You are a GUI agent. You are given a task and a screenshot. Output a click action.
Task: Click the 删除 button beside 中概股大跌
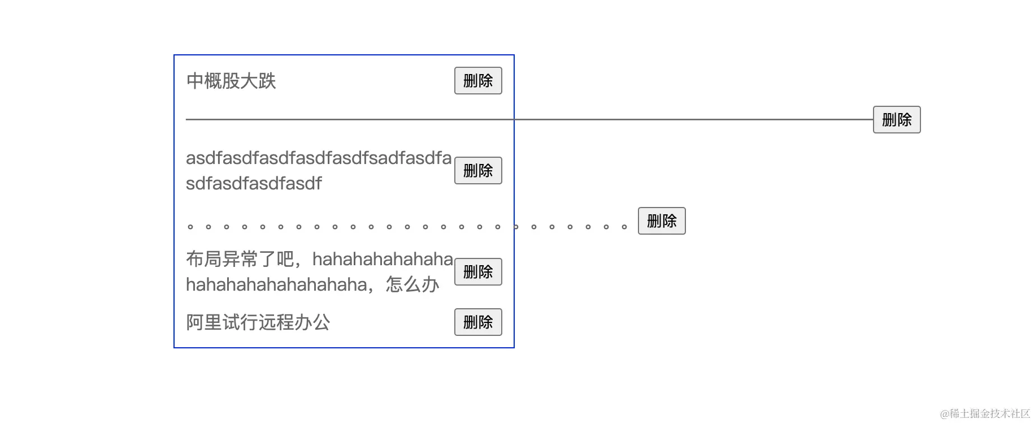(478, 81)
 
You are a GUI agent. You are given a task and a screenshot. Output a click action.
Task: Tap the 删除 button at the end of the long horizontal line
(897, 120)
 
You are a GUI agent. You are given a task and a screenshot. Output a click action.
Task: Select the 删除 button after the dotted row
(662, 221)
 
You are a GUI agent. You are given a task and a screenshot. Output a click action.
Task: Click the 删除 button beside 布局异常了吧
(478, 272)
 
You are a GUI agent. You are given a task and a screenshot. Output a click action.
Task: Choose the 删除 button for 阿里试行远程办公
(478, 322)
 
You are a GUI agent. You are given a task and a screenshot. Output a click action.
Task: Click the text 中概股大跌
(231, 81)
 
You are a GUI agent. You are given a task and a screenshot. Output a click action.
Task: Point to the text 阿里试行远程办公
(258, 322)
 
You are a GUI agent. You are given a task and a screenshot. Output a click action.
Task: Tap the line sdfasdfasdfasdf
(254, 183)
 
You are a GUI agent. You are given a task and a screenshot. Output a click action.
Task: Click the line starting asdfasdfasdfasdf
(319, 158)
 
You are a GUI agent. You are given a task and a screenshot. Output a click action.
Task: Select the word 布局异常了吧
(240, 259)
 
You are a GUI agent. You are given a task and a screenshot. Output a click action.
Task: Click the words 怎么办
(412, 284)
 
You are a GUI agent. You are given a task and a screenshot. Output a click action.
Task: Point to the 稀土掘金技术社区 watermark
(985, 414)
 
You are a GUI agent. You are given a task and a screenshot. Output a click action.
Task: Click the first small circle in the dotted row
(190, 227)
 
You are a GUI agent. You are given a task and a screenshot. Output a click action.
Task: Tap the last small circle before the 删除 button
(624, 227)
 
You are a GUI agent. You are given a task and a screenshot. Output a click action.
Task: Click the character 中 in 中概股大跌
(195, 81)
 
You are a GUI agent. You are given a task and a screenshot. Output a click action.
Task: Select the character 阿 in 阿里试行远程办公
(195, 322)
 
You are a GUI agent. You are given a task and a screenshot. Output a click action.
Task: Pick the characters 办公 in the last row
(312, 322)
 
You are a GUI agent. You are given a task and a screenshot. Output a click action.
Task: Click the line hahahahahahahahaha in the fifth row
(276, 284)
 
